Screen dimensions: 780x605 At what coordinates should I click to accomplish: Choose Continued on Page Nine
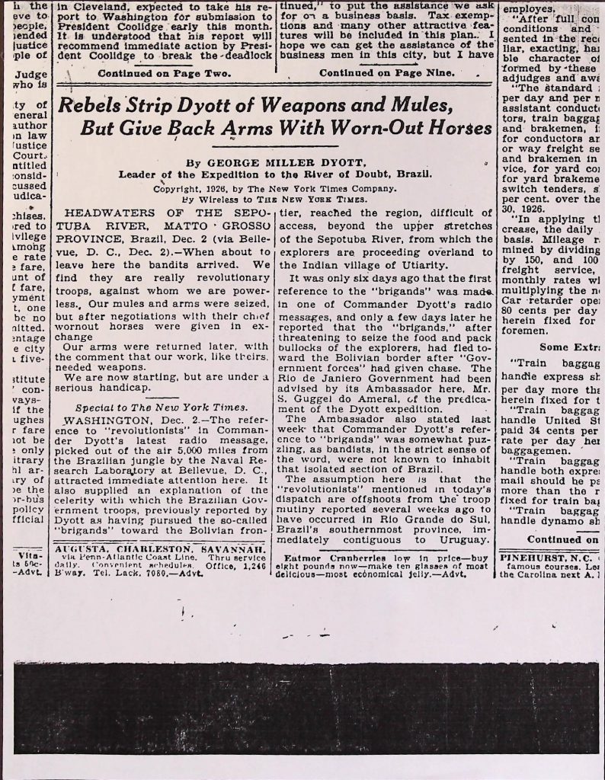click(386, 73)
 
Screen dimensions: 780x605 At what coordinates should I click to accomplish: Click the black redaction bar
click(305, 706)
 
